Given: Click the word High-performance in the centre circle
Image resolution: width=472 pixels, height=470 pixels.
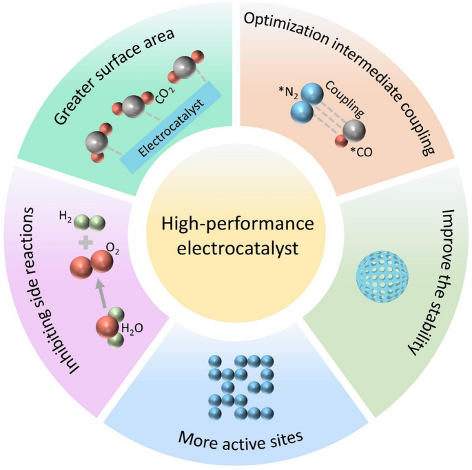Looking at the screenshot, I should click(237, 225).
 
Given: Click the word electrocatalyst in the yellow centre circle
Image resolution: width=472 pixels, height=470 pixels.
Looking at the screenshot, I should click(237, 247).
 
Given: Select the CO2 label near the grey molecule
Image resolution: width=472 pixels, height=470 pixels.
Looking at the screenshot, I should click(166, 101).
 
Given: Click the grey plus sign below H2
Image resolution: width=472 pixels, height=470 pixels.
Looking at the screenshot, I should click(85, 242).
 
